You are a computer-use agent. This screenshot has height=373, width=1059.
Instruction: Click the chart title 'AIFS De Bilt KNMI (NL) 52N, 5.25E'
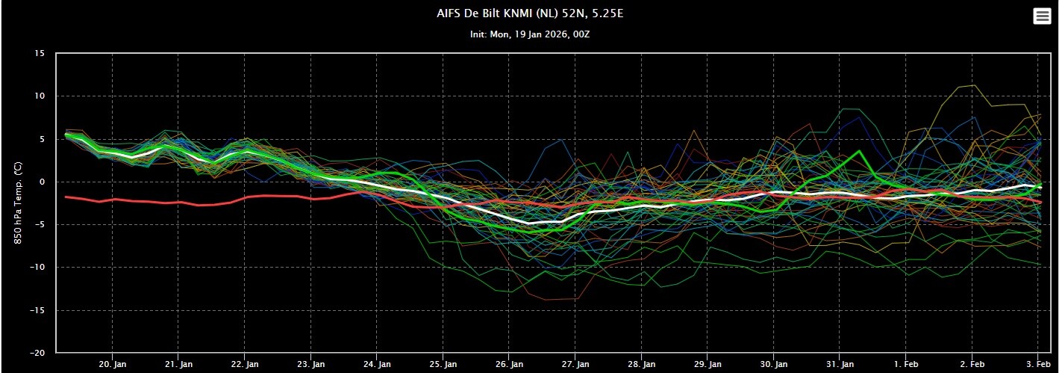click(530, 13)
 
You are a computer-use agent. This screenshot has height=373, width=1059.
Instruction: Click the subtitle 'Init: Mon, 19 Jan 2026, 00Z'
click(530, 34)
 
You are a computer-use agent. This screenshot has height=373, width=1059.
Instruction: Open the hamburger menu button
click(1042, 16)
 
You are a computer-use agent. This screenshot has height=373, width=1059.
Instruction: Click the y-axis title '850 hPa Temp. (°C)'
click(18, 203)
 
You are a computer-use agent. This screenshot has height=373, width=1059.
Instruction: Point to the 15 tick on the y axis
click(40, 54)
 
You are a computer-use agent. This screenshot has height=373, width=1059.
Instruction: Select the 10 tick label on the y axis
click(40, 96)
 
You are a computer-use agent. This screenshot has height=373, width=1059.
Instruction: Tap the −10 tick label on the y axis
click(36, 267)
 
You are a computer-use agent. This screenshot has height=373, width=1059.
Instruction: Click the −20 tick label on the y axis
click(36, 353)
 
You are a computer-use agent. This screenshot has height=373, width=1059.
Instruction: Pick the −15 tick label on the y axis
click(36, 310)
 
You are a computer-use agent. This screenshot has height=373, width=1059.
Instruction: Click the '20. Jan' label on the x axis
click(113, 364)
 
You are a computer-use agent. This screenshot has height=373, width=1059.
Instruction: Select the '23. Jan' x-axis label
click(310, 364)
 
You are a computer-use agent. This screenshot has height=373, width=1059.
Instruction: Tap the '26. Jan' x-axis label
click(509, 364)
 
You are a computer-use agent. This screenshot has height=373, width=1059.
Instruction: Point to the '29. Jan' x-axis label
click(707, 364)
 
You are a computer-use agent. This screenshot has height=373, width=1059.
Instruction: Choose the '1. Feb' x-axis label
click(906, 364)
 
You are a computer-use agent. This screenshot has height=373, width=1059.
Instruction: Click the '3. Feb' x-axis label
click(1037, 364)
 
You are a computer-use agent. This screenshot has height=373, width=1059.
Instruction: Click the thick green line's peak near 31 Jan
click(860, 151)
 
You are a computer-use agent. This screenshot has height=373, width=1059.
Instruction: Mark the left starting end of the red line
click(65, 197)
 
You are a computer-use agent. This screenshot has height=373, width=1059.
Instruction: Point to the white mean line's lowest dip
click(528, 224)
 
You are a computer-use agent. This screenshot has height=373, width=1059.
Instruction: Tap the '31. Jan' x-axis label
click(840, 364)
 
